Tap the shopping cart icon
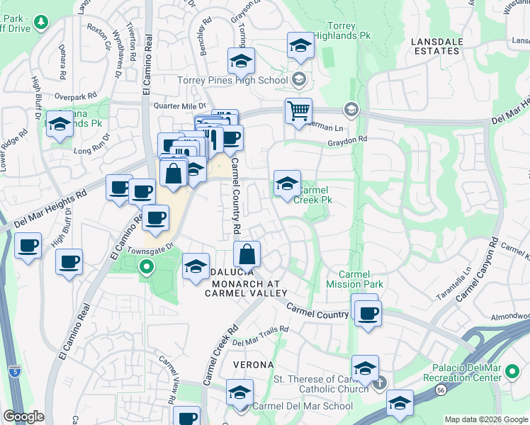pos(298,110)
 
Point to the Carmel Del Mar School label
pos(303,407)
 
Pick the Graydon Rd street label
pos(349,140)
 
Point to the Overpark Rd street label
pos(74,96)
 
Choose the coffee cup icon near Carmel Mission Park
pos(368,312)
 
